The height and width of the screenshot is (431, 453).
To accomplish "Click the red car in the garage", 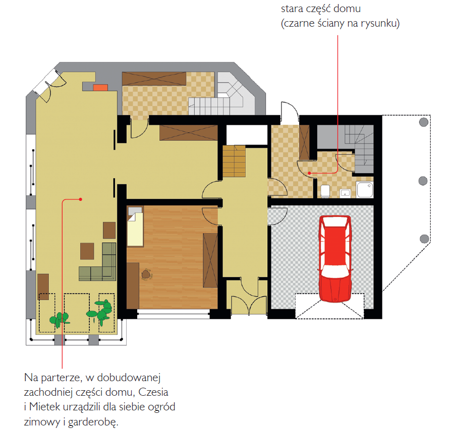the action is click(x=335, y=259).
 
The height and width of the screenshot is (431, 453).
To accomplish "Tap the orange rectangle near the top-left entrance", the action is click(x=100, y=88).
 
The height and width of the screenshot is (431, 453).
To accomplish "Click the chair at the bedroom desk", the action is click(x=147, y=274).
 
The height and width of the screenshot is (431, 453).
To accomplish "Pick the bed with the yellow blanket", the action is click(x=135, y=226).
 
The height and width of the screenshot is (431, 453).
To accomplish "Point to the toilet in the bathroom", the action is click(x=325, y=191).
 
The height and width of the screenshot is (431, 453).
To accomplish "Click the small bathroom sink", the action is click(x=345, y=193).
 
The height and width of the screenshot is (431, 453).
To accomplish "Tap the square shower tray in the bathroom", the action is click(x=365, y=190).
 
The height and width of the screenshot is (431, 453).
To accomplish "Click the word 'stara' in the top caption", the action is click(x=292, y=9).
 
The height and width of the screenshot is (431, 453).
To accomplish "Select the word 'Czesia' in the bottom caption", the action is click(x=153, y=392).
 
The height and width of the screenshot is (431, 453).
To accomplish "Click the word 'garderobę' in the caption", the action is click(x=93, y=422).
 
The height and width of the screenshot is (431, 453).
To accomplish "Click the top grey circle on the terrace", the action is click(x=424, y=122).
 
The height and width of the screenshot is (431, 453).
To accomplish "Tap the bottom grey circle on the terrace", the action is click(x=424, y=239).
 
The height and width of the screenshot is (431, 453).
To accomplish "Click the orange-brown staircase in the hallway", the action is click(x=234, y=161).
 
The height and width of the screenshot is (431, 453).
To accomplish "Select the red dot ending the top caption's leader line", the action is click(x=309, y=173).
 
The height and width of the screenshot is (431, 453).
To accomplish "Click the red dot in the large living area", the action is click(x=81, y=199).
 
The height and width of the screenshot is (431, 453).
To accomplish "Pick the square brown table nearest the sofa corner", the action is click(x=87, y=251).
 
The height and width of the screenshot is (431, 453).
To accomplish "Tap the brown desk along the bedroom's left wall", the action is click(x=133, y=285).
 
